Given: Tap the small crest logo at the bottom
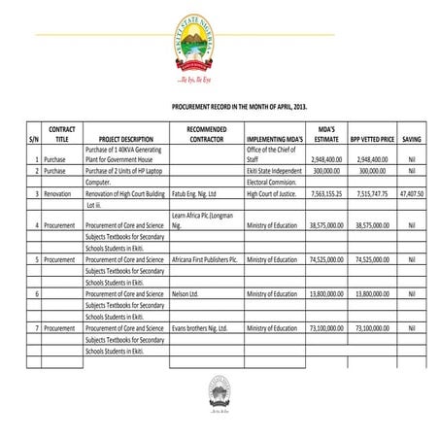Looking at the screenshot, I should (219, 394).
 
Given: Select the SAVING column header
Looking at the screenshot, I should (411, 139).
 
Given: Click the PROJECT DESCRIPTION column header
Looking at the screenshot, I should (126, 139).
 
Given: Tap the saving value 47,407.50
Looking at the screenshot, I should (411, 193).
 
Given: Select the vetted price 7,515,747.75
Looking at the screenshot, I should (372, 193).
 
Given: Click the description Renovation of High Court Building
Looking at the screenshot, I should (125, 193).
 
